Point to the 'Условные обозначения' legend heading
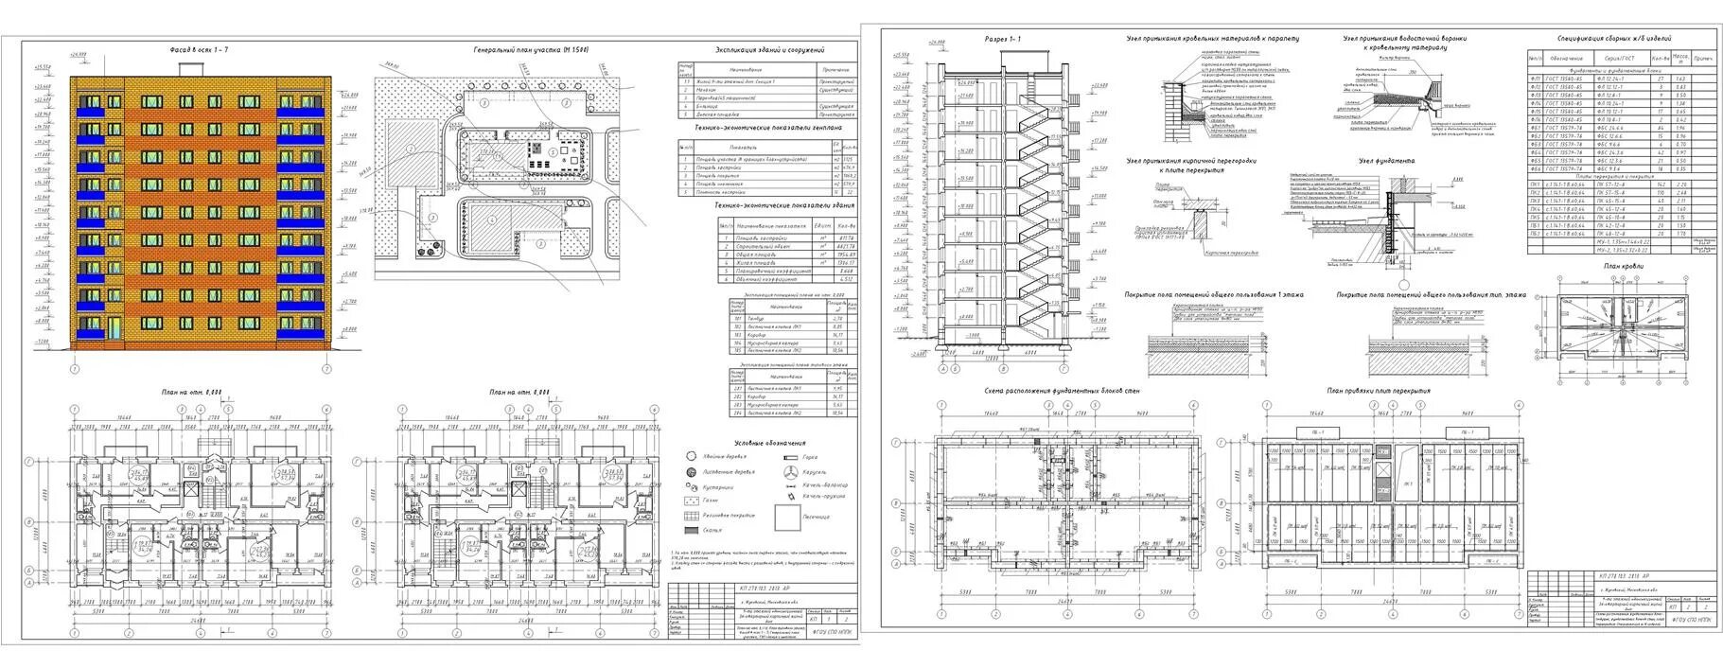point(770,443)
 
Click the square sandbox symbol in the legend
point(788,519)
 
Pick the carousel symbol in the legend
point(790,471)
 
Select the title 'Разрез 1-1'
point(1003,40)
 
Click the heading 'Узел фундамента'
point(1385,161)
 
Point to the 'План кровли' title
point(1624,268)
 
